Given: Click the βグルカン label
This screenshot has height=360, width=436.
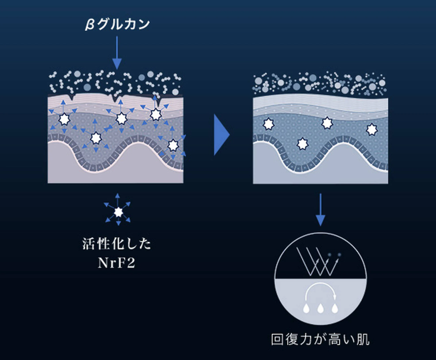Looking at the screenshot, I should coord(117,25).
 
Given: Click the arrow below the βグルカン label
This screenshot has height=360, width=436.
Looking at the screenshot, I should coord(117,53).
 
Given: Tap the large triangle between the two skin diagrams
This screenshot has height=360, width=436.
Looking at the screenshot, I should coord(221,135).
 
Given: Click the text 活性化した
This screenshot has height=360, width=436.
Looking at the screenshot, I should coord(117,244).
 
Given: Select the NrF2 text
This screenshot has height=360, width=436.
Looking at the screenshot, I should coord(117,263).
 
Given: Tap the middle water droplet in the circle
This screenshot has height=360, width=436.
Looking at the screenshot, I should coord(320,308).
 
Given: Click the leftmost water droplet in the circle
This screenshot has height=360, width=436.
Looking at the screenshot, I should coord(306,308).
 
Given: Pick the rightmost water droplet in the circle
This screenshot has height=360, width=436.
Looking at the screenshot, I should coord(334,308).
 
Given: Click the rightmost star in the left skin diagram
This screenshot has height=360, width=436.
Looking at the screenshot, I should coord(173,145).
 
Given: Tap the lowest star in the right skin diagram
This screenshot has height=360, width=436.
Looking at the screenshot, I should coord(302,144).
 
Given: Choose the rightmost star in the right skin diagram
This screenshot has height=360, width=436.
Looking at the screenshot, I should coord(372,130).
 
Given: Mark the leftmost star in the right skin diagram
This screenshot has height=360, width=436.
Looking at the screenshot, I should coord(269,124).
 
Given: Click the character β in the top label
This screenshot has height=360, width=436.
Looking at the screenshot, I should coord(88,25).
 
